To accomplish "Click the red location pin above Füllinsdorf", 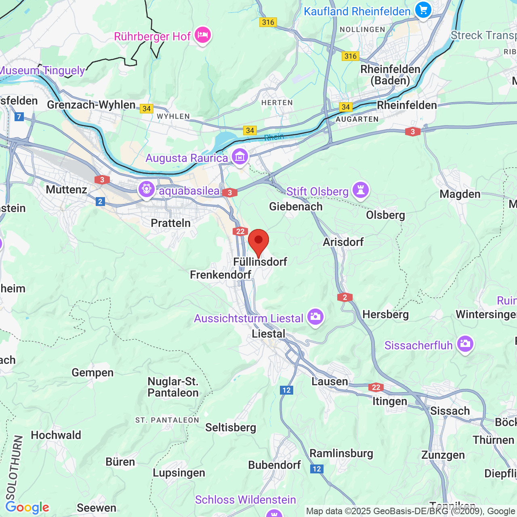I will [258, 241].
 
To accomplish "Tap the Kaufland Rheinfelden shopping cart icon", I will [423, 10].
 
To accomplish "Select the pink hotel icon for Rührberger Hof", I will [202, 36].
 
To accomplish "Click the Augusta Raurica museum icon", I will [240, 156].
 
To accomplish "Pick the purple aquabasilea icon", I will [146, 189].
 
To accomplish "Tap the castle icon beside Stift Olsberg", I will [361, 190].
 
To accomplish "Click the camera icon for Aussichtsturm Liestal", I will [315, 317].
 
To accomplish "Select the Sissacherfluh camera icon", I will [465, 344].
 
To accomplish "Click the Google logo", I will [27, 507].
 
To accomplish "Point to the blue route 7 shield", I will [19, 117].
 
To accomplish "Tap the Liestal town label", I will [268, 334].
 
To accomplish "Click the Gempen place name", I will [92, 372].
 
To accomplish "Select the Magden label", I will [460, 194].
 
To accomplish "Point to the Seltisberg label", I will [231, 427].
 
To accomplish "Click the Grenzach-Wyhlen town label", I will [91, 105].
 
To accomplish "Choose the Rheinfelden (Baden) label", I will [390, 75].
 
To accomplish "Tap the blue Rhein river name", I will [274, 137].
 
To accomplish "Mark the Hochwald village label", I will [56, 435].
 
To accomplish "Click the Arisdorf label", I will [343, 242].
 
